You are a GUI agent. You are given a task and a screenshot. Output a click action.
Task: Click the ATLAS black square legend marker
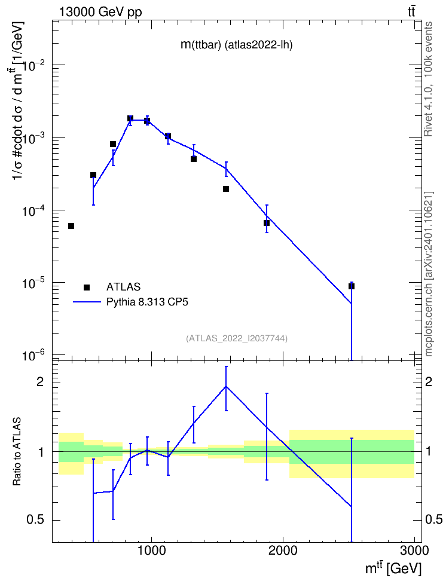(x=86, y=287)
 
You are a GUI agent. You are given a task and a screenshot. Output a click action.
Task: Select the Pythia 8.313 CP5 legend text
(x=147, y=302)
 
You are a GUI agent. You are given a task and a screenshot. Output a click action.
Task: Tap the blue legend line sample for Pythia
(x=87, y=302)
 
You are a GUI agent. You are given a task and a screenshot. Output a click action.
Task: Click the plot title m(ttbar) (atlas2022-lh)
(x=237, y=45)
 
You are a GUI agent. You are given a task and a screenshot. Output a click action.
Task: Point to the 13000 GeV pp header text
(x=100, y=12)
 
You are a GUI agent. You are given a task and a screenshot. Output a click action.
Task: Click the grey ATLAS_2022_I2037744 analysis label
(x=237, y=338)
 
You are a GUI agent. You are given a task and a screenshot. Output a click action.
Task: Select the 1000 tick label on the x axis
(x=151, y=551)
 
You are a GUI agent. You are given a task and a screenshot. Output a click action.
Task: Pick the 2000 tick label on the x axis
(x=283, y=551)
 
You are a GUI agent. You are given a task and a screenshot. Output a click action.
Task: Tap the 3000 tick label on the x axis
(x=414, y=551)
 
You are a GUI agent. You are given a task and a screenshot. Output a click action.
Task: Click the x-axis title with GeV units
(x=393, y=569)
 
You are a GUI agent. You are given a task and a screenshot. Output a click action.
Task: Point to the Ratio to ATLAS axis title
(x=17, y=452)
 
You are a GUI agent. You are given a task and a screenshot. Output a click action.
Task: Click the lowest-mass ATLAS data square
(x=71, y=226)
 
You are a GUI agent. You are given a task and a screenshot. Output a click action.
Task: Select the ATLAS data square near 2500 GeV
(x=352, y=286)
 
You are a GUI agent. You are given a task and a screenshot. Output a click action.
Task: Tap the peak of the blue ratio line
(x=226, y=386)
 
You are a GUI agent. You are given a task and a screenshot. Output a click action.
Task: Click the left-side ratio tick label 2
(x=39, y=382)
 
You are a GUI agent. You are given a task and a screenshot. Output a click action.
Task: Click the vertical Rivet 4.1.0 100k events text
(x=428, y=79)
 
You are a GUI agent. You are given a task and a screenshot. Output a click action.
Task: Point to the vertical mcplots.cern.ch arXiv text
(x=429, y=274)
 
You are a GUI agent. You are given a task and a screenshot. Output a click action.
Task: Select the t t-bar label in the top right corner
(x=411, y=12)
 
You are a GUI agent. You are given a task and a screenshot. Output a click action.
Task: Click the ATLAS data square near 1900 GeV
(x=267, y=223)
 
